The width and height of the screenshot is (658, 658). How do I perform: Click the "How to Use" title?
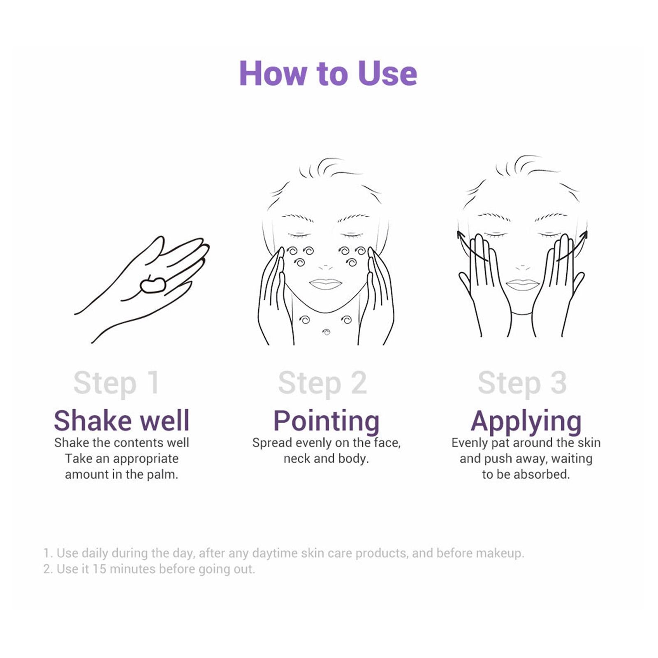[x=328, y=73]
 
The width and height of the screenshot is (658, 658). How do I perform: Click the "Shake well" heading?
[x=122, y=421]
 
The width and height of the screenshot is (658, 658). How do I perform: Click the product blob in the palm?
[x=153, y=285]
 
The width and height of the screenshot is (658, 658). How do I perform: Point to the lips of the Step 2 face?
[x=325, y=284]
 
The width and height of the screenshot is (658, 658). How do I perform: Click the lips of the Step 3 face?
[x=522, y=285]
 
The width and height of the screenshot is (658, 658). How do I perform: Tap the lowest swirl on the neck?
[x=327, y=332]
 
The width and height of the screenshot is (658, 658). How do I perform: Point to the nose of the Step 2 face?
[x=325, y=266]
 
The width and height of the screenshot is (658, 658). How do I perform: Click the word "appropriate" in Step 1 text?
[x=146, y=459]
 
